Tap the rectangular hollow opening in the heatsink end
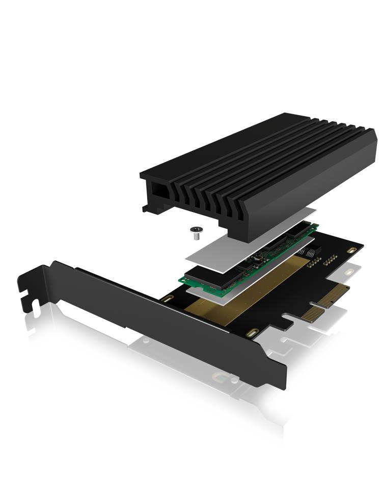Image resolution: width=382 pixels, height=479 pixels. coord(156,192)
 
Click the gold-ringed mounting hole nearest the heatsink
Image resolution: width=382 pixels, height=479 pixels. coord(351,250)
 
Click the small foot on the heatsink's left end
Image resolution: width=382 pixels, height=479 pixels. coord(147,208)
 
